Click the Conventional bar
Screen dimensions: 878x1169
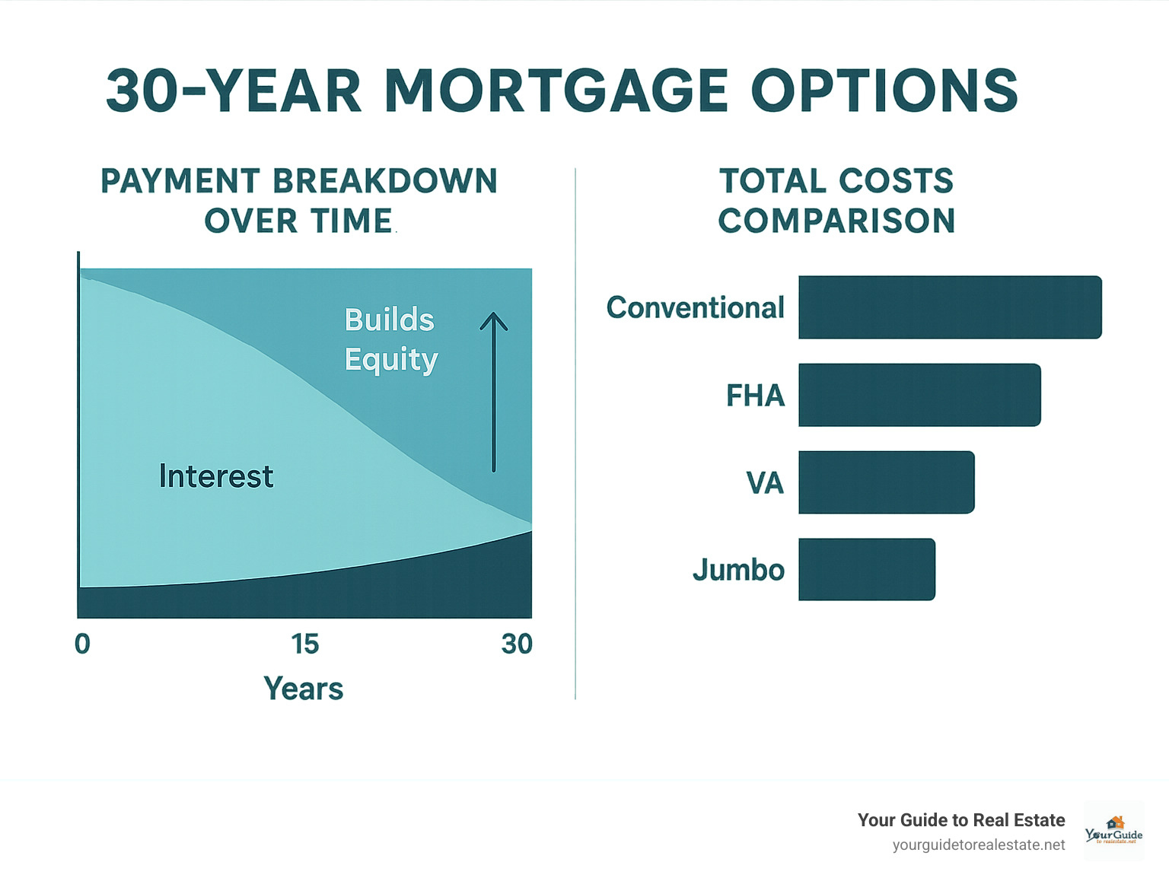point(950,307)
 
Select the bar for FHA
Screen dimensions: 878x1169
point(919,395)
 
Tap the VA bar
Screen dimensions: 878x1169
point(886,482)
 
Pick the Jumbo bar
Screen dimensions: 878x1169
point(866,570)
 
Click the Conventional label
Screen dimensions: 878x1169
point(695,307)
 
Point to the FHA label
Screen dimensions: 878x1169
point(755,396)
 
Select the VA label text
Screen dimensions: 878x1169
point(765,483)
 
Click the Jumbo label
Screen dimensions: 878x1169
point(738,570)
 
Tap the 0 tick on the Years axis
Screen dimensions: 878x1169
point(82,644)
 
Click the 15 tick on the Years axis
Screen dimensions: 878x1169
point(305,644)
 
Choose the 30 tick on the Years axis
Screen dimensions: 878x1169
point(517,644)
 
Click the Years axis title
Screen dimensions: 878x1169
point(303,689)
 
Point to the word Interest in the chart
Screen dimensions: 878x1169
point(216,476)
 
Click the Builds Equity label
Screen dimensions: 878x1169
point(390,339)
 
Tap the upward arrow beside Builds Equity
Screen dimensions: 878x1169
point(494,392)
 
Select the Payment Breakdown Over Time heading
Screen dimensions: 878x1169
point(299,201)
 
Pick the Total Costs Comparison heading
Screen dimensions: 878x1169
point(836,201)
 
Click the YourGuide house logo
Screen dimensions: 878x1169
point(1114,830)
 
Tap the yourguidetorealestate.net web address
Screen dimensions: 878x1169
point(979,845)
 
